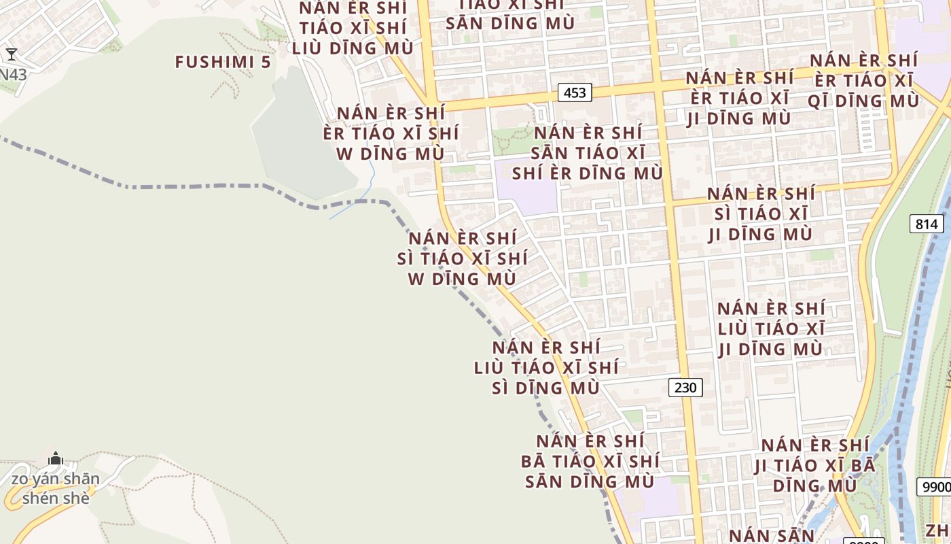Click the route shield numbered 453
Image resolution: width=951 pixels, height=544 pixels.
575,92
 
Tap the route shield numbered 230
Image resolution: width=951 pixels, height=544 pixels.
685,388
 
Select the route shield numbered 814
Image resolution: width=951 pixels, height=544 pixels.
926,224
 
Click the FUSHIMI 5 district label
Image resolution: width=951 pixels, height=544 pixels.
223,62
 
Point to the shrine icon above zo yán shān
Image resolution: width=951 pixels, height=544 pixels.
56,459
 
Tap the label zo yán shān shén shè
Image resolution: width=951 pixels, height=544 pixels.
56,488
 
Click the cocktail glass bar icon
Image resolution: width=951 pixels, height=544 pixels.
12,54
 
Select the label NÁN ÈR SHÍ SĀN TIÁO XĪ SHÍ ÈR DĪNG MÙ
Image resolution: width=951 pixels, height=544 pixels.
588,153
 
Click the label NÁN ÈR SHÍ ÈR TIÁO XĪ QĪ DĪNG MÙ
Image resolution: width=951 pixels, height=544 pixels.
863,80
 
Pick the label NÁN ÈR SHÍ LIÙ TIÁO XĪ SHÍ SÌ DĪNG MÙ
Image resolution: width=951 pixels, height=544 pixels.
546,367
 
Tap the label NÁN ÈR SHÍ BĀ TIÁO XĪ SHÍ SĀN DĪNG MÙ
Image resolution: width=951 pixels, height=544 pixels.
590,461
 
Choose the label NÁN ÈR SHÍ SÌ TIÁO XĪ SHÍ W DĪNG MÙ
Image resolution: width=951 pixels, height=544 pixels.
462,258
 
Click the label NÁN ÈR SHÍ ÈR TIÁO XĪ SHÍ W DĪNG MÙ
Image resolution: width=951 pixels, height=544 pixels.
391,133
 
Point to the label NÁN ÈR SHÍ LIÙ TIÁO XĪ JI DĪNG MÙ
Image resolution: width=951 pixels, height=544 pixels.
771,328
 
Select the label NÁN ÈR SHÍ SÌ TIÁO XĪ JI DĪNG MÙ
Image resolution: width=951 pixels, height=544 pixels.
760,214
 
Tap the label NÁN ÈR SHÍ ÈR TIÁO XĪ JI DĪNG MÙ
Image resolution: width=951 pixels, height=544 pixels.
739,98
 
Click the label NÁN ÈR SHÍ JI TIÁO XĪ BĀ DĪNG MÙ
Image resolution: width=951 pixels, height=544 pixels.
814,466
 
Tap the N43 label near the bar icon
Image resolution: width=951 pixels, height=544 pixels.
14,74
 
